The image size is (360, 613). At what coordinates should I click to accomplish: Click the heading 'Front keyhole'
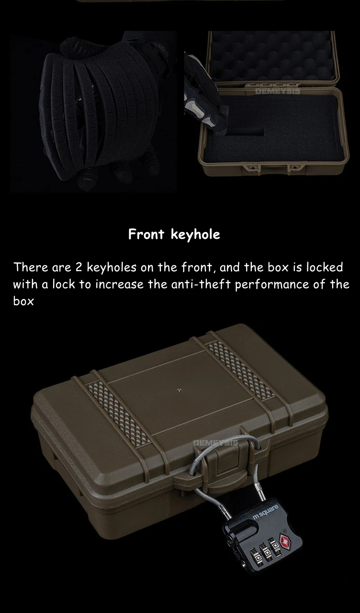pyautogui.click(x=174, y=234)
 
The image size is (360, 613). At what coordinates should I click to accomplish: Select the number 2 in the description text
pyautogui.click(x=79, y=267)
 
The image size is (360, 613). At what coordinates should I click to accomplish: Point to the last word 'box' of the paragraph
pyautogui.click(x=23, y=301)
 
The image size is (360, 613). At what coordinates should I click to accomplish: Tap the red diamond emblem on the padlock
pyautogui.click(x=286, y=541)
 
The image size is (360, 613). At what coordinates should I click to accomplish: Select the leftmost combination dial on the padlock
pyautogui.click(x=257, y=555)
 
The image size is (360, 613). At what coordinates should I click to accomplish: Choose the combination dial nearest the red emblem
pyautogui.click(x=274, y=546)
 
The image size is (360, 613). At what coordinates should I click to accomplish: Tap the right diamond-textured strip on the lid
pyautogui.click(x=241, y=369)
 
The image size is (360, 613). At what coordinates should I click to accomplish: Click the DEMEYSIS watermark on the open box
pyautogui.click(x=277, y=91)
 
